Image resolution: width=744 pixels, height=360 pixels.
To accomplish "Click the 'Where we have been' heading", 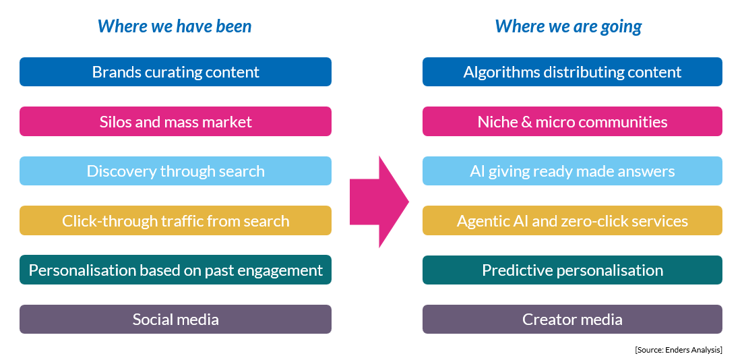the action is click(x=175, y=26).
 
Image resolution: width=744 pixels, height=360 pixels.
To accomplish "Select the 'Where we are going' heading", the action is click(x=568, y=26).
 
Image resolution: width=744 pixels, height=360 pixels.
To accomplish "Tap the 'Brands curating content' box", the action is click(x=176, y=71).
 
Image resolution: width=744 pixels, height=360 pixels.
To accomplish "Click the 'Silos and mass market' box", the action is click(x=176, y=121).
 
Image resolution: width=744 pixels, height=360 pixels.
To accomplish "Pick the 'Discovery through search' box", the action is click(x=176, y=171).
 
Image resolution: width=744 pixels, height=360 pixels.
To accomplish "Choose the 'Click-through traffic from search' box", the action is click(x=176, y=220).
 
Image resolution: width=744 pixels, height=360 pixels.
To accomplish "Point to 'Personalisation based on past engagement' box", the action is click(x=176, y=270).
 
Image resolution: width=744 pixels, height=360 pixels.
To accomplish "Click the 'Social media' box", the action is click(x=176, y=319).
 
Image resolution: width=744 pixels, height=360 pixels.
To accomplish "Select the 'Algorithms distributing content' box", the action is click(x=572, y=71).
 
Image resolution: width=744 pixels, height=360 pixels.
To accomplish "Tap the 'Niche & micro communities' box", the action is click(x=572, y=121).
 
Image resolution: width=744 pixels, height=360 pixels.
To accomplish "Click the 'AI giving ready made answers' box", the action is click(x=572, y=171).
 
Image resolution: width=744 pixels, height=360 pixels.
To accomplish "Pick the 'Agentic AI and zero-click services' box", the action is click(x=572, y=220).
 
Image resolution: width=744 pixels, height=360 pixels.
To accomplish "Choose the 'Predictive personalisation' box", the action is click(x=572, y=270).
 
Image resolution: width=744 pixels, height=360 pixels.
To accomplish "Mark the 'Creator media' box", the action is click(x=572, y=319).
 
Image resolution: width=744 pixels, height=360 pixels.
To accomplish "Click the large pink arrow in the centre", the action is click(x=379, y=202).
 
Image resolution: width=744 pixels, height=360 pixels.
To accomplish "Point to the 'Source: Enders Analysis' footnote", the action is click(x=679, y=350).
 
